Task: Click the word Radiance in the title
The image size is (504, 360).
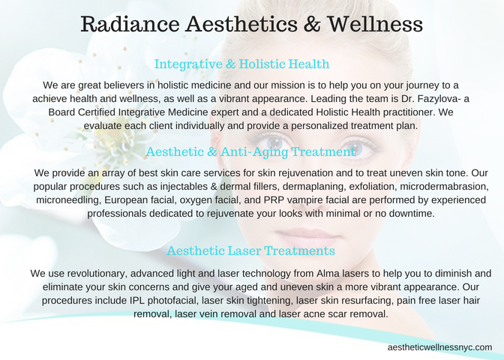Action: [130, 24]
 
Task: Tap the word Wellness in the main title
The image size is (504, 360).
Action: [375, 24]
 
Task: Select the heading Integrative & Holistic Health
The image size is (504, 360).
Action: [241, 64]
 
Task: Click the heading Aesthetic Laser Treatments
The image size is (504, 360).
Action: [250, 250]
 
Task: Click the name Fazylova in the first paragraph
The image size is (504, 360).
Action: [436, 99]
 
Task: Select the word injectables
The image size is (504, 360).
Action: [184, 187]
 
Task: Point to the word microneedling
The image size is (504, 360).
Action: [69, 200]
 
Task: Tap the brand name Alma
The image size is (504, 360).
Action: [328, 274]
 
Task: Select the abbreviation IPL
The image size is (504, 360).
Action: [137, 301]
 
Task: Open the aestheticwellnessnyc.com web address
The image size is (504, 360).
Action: [439, 347]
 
